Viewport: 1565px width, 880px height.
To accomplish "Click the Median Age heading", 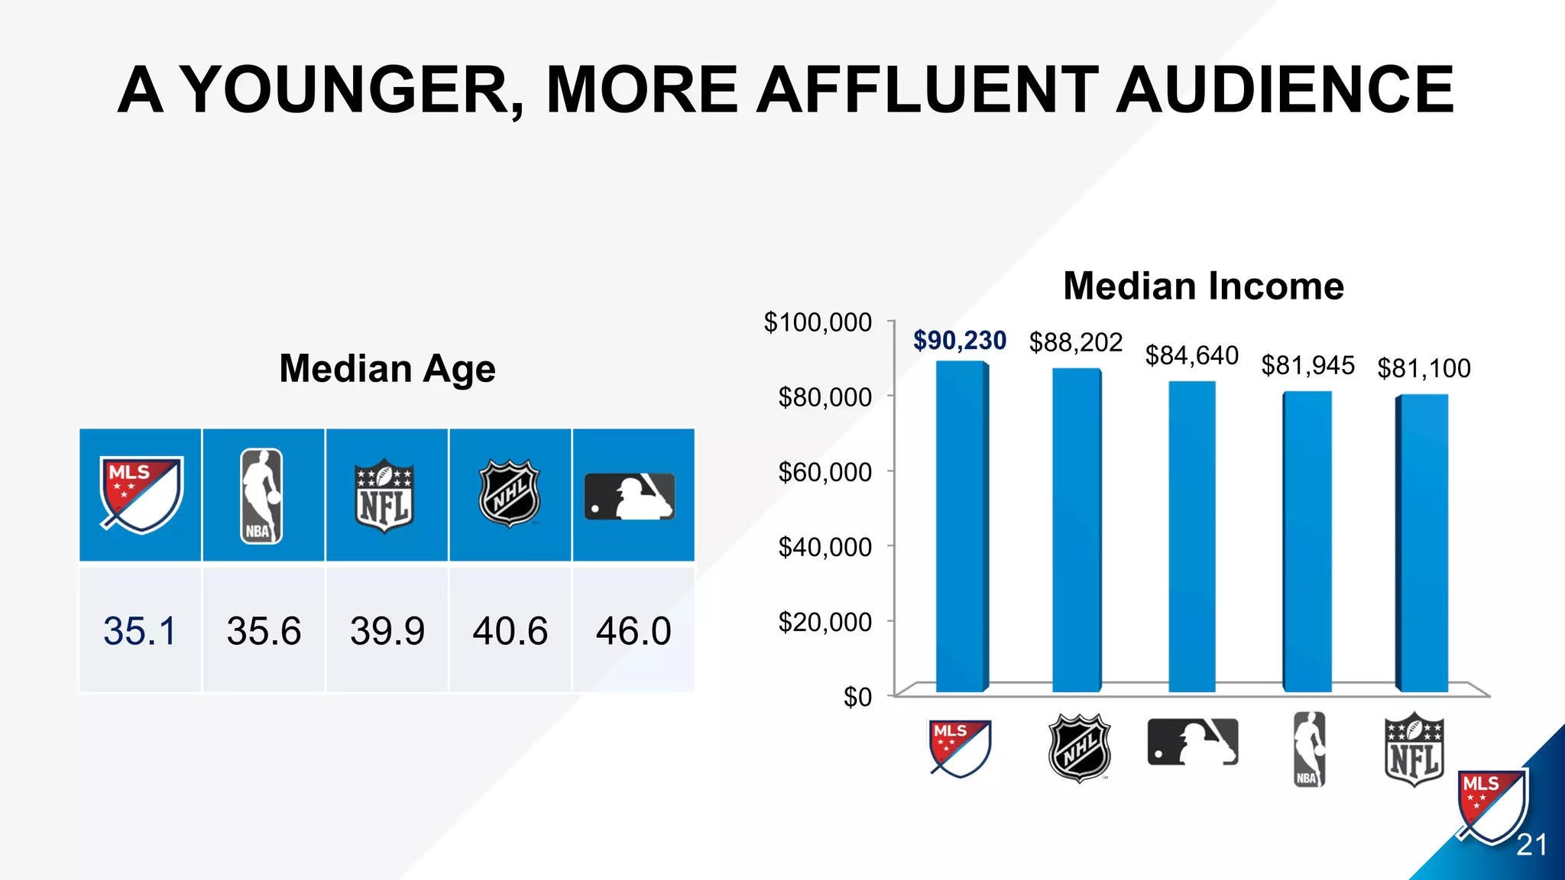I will pos(387,369).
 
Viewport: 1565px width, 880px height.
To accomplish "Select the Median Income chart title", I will pos(1203,286).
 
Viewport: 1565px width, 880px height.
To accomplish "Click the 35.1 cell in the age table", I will pos(140,631).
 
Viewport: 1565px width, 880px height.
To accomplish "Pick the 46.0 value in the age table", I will pos(633,631).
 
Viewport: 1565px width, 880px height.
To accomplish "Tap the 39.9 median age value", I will pos(387,631).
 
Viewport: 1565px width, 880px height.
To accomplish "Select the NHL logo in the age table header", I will pos(510,493).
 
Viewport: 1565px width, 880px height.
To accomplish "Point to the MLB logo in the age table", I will pos(630,497).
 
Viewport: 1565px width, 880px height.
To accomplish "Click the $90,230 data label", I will pos(960,341).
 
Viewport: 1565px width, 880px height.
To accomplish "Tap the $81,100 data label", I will pos(1424,369).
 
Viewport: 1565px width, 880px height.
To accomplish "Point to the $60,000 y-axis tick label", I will pos(825,472).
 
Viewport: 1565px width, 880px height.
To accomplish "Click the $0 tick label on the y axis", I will pos(857,697).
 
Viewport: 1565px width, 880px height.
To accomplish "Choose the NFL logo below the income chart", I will pos(1414,749).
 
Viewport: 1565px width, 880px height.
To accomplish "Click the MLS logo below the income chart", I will pos(961,748).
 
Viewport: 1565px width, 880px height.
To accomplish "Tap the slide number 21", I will pos(1531,845).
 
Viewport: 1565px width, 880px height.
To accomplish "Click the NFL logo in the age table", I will pos(384,496).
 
